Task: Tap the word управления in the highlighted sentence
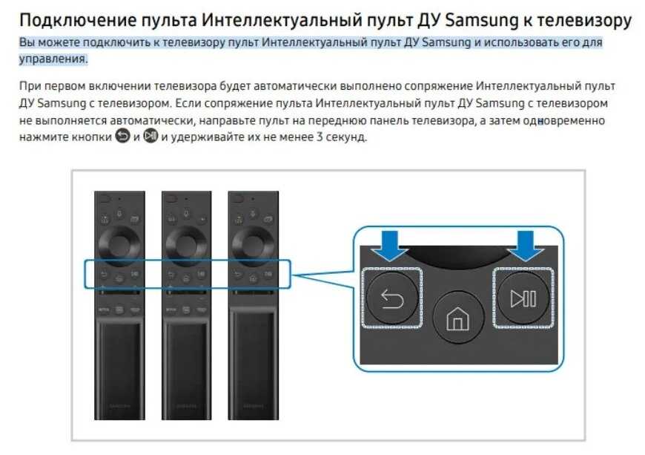pyautogui.click(x=52, y=58)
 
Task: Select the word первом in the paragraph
pyautogui.click(x=64, y=87)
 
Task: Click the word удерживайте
pyautogui.click(x=206, y=137)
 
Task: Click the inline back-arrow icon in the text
pyautogui.click(x=123, y=137)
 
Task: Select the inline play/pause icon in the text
pyautogui.click(x=151, y=137)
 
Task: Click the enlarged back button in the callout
pyautogui.click(x=391, y=298)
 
